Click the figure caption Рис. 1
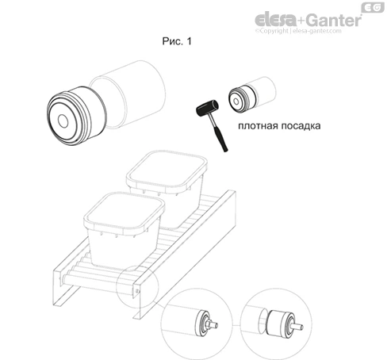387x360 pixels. (177, 41)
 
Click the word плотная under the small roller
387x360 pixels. (258, 126)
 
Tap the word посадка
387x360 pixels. (301, 126)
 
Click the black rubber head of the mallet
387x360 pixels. (207, 108)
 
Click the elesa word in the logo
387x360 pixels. (275, 20)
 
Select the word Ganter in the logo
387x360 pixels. (334, 20)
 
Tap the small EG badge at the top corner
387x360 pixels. (373, 8)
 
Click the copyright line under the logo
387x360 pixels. (298, 31)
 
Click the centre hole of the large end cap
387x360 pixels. (63, 121)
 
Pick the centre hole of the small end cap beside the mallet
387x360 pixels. (236, 101)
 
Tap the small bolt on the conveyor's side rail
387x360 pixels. (137, 291)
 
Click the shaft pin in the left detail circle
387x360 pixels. (213, 324)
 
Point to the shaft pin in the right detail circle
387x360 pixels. (298, 327)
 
